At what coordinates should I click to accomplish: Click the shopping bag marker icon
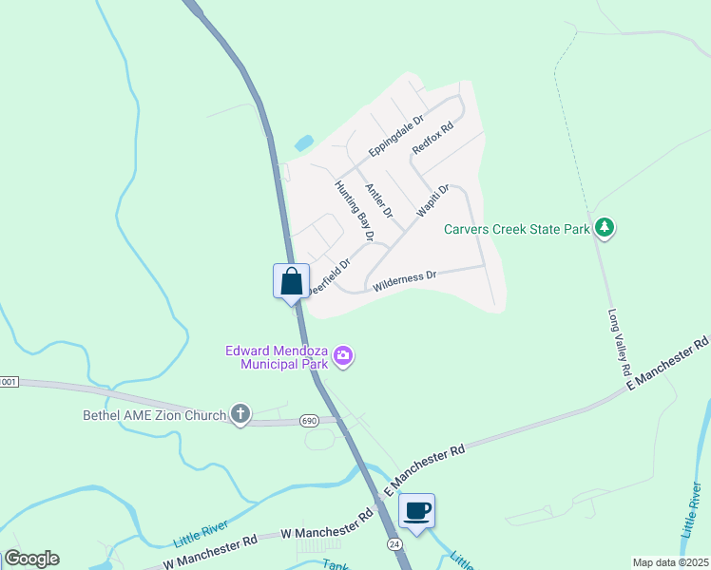pos(291,281)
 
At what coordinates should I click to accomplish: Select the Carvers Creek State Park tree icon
pos(605,228)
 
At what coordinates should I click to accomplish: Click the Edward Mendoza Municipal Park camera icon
pos(343,357)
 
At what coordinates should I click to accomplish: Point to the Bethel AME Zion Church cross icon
pos(241,414)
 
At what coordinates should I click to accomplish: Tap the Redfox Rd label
pos(432,137)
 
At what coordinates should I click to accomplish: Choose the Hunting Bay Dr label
pos(355,209)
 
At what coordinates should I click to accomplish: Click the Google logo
pos(31,559)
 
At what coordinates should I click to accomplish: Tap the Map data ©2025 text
pos(669,562)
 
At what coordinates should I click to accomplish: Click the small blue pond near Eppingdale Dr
pos(303,144)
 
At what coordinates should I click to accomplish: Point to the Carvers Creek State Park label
pos(516,228)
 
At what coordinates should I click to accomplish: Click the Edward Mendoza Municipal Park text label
pos(276,356)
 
